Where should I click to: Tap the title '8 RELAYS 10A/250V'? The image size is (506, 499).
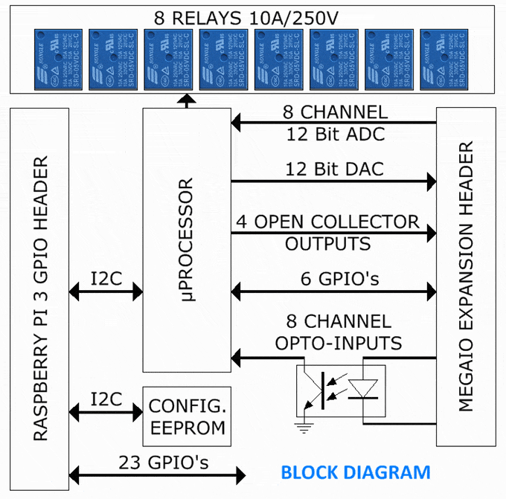coord(252,17)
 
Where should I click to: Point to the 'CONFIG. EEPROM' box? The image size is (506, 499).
coord(187,417)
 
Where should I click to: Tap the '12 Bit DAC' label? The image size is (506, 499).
coord(334,169)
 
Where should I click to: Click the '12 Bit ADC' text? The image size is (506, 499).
coord(334,135)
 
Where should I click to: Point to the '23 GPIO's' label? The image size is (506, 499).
coord(163,463)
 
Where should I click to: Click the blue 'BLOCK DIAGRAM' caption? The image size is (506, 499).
coord(355,471)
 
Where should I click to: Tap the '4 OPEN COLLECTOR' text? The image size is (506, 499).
coord(337,222)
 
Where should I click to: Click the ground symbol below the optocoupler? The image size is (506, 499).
coord(301,426)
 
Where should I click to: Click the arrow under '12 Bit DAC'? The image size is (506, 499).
coord(334,181)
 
